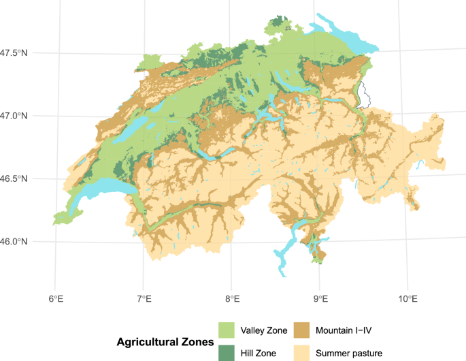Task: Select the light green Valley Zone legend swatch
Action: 226,330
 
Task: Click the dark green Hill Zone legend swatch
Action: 226,351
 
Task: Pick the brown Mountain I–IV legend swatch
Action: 302,330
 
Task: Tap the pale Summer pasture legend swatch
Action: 302,351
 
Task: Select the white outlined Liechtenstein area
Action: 366,95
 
